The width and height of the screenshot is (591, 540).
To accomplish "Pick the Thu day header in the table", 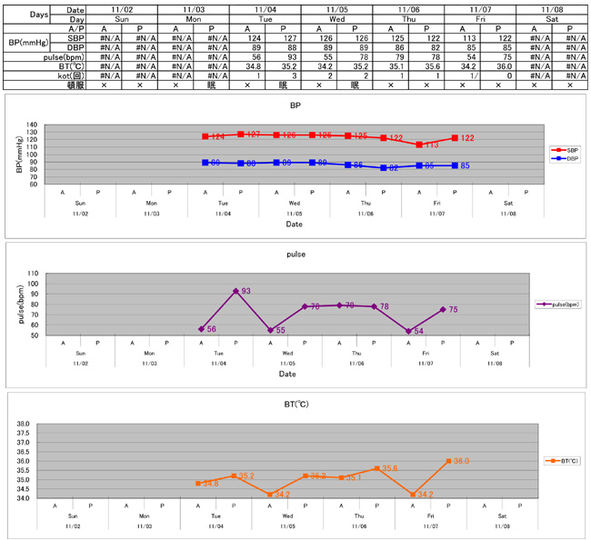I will coord(407,18).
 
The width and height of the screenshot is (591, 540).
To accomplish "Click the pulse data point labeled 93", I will coord(235,291).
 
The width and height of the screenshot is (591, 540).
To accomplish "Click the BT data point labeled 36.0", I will coord(449,461).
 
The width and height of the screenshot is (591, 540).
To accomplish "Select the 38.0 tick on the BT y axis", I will coord(24,424).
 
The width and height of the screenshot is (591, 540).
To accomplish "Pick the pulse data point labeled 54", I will coord(407,331).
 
